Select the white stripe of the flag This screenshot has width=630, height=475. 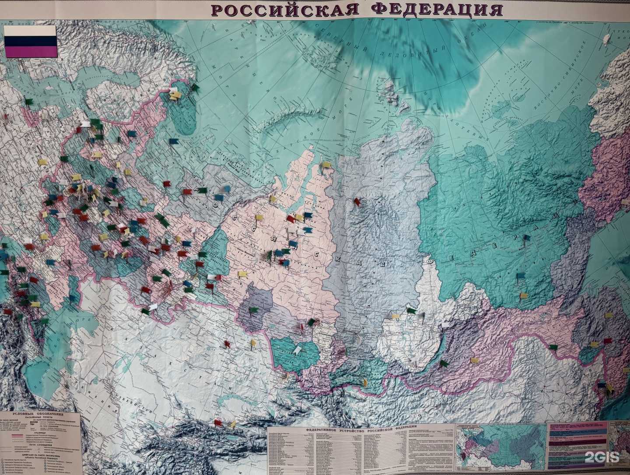click(30, 30)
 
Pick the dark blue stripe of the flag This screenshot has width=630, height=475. click(30, 41)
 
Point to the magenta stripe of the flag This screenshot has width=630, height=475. click(30, 51)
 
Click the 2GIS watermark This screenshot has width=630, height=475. click(604, 458)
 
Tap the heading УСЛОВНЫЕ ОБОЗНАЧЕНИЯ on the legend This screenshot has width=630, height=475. click(39, 414)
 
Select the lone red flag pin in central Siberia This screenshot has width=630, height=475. click(357, 201)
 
